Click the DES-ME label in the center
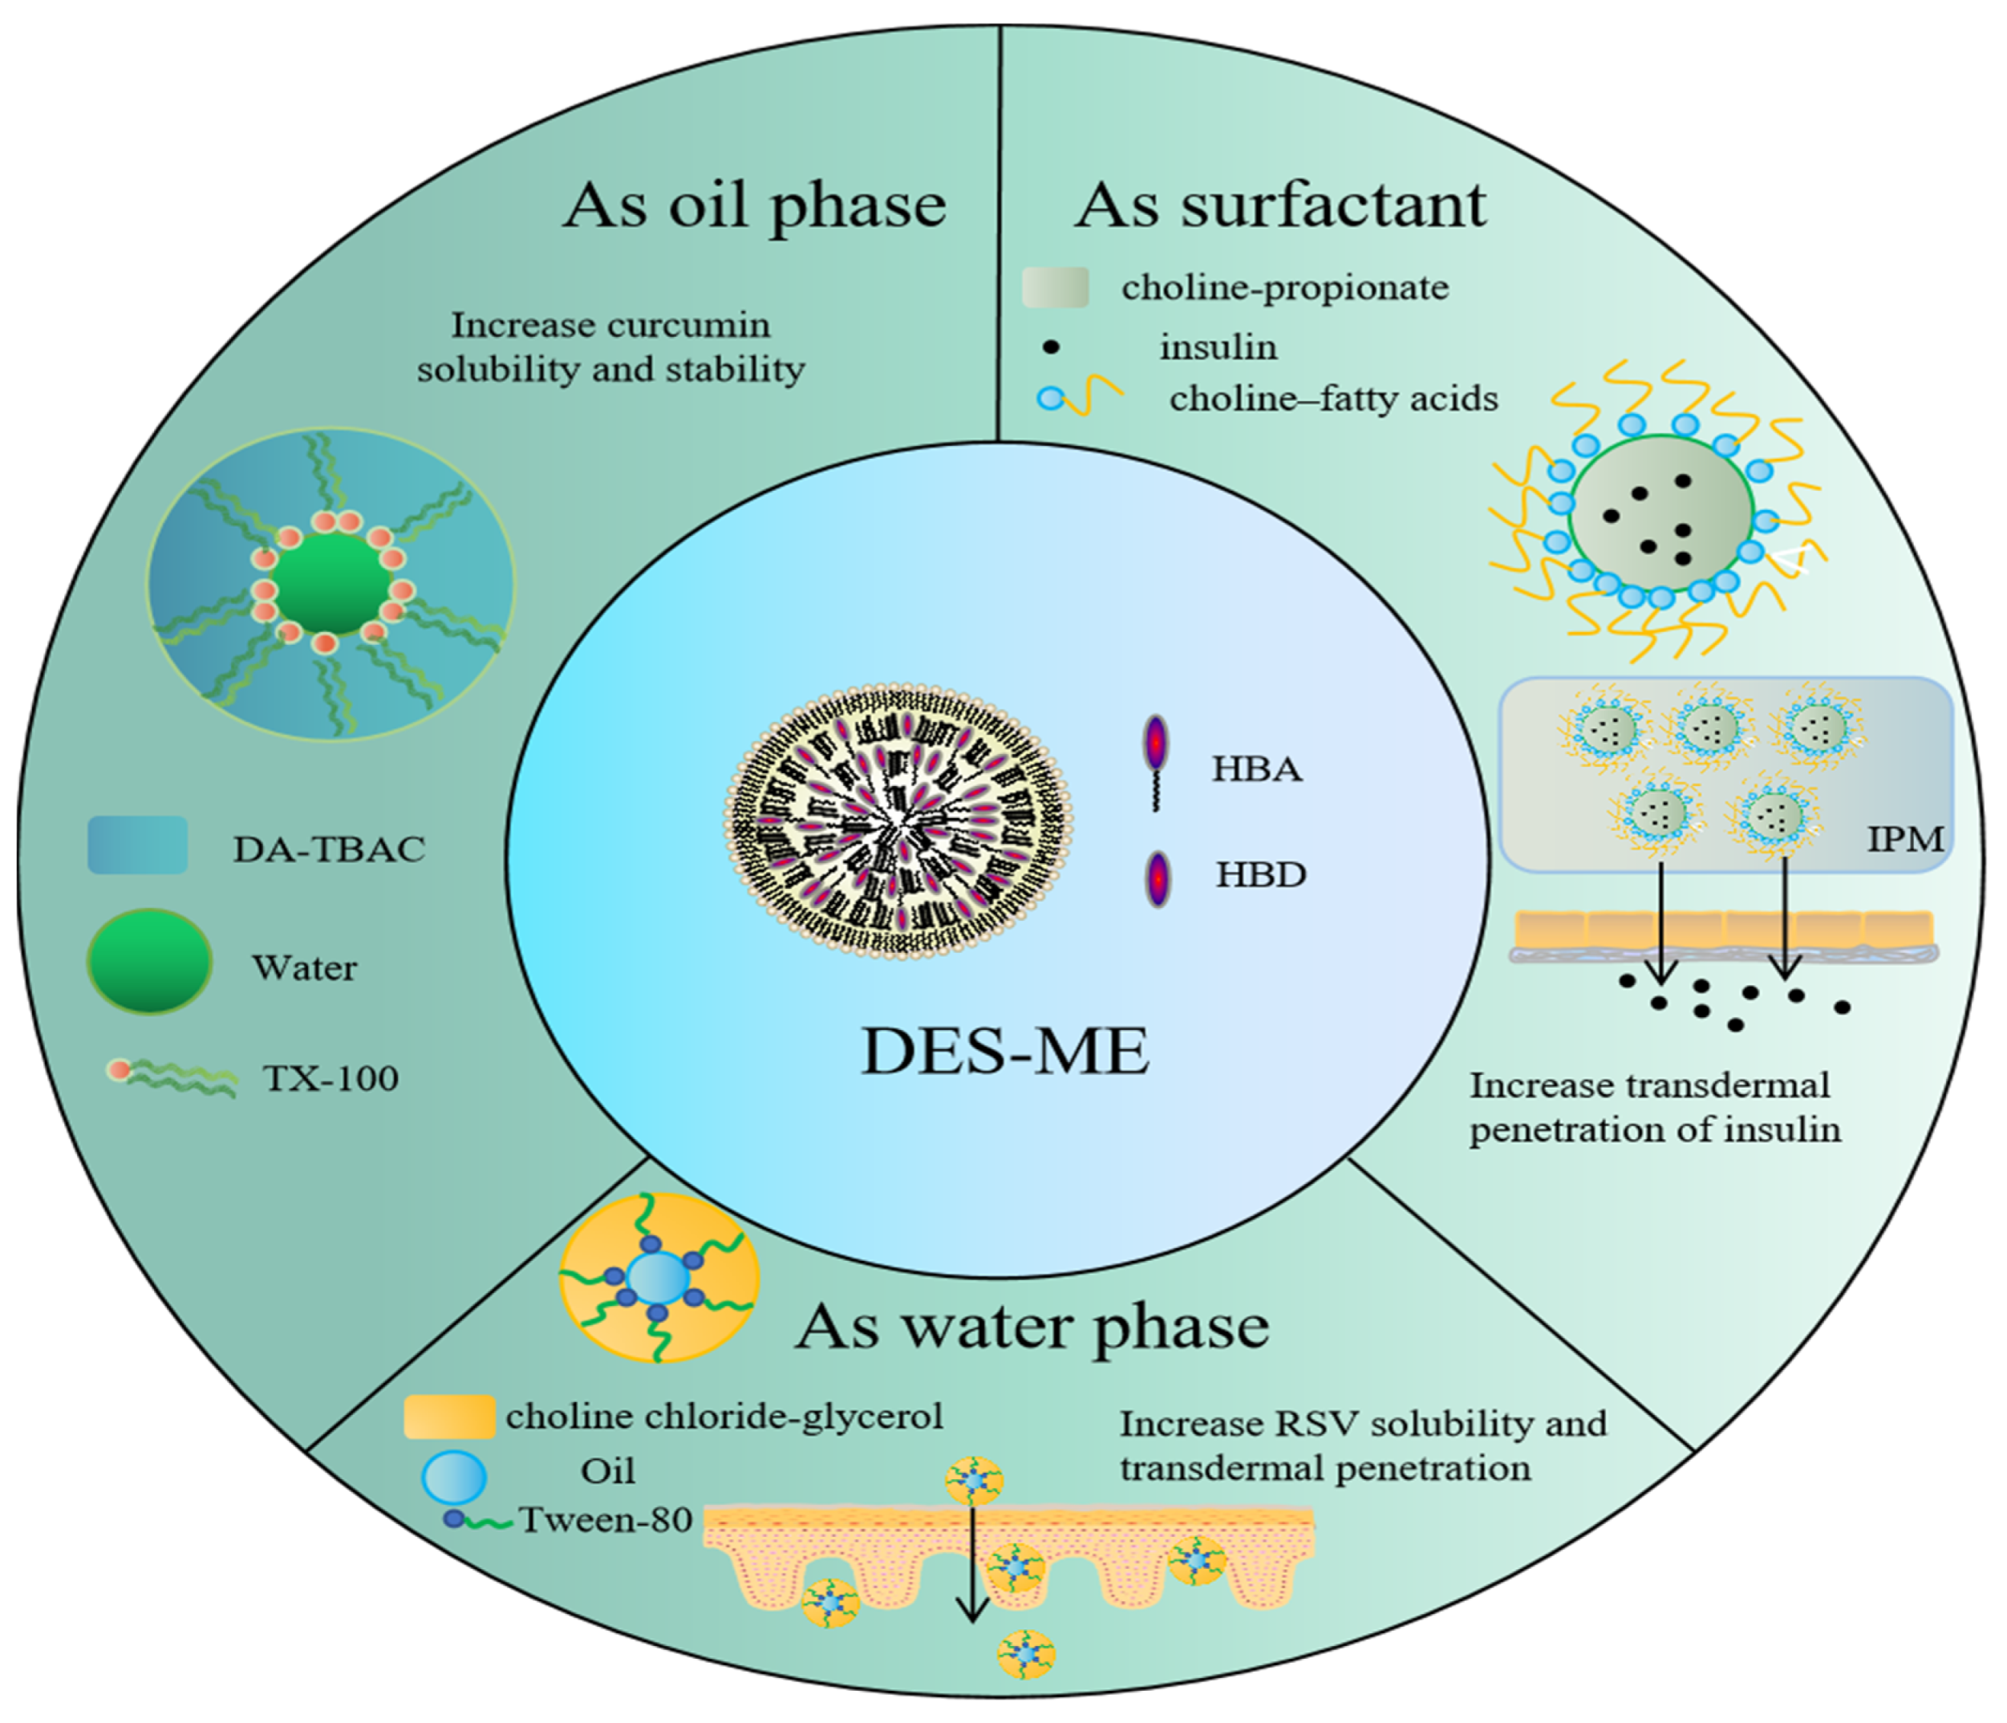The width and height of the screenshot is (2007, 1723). pyautogui.click(x=1004, y=1052)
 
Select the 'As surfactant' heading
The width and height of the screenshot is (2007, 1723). pyautogui.click(x=1280, y=206)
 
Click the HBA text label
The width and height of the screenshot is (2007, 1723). pyautogui.click(x=1257, y=770)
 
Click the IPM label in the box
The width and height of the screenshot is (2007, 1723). pyautogui.click(x=1904, y=839)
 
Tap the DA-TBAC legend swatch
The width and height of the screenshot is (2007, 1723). pyautogui.click(x=137, y=845)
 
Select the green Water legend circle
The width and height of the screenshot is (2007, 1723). pyautogui.click(x=149, y=962)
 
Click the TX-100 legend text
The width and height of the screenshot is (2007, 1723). pyautogui.click(x=330, y=1079)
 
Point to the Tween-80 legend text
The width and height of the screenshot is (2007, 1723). pyautogui.click(x=606, y=1521)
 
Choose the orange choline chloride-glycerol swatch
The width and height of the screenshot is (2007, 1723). pyautogui.click(x=448, y=1417)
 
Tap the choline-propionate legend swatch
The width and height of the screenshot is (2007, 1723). pyautogui.click(x=1055, y=288)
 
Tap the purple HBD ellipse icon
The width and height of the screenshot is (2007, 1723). pyautogui.click(x=1158, y=878)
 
